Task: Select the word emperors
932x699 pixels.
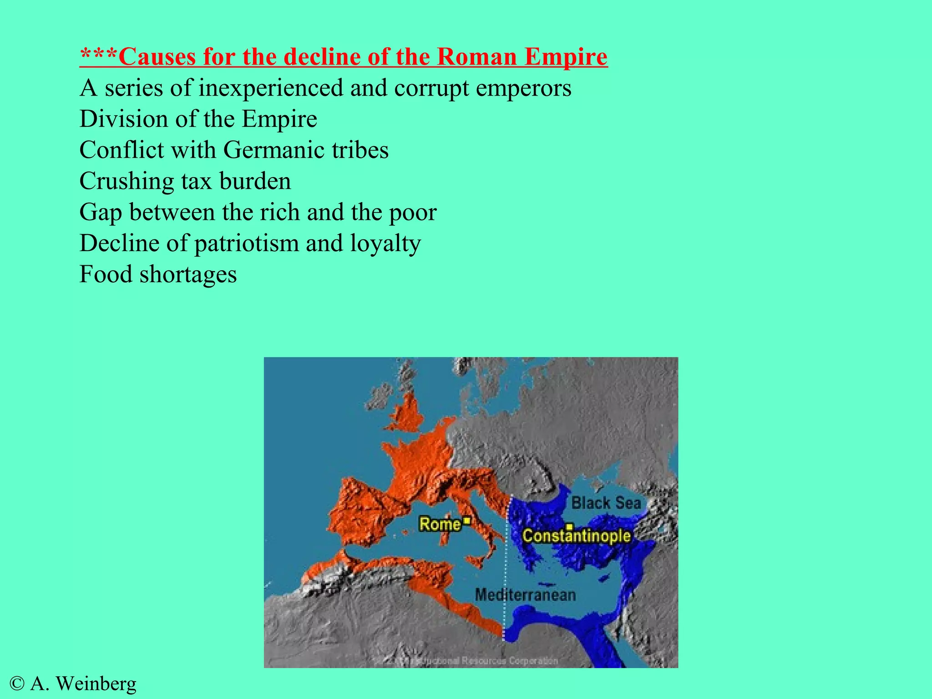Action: [x=523, y=88]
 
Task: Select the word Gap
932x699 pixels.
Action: [x=101, y=213]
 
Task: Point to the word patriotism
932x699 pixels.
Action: [x=246, y=244]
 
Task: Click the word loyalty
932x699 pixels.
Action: [x=385, y=244]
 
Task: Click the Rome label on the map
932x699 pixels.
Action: [x=440, y=524]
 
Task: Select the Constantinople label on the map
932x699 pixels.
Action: [x=576, y=536]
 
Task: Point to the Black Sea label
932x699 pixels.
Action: [x=606, y=503]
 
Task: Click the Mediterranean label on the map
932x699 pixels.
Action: [x=525, y=595]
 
